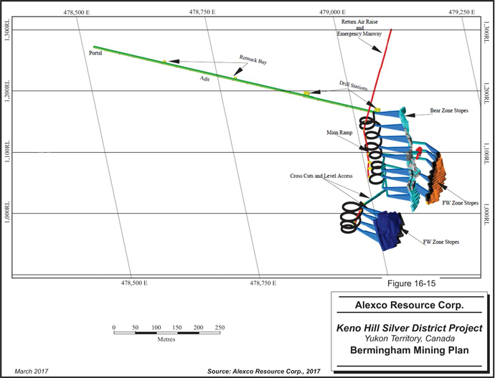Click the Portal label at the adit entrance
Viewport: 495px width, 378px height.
tap(95, 53)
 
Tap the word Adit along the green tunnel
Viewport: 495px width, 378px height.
tap(204, 79)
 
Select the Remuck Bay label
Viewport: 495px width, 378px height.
tap(253, 60)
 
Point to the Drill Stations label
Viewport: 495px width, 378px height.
tap(353, 85)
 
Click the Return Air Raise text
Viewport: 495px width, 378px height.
tap(359, 22)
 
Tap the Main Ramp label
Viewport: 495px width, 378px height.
tap(339, 133)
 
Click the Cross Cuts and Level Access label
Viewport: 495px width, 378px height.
tap(321, 176)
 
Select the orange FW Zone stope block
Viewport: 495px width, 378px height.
tap(437, 179)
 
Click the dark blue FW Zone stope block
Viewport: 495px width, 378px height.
tap(387, 231)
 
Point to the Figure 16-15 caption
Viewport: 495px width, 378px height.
tap(411, 283)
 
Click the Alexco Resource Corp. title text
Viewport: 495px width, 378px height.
tap(409, 305)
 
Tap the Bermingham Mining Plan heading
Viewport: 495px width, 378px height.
tap(409, 350)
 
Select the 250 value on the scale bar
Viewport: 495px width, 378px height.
tap(220, 328)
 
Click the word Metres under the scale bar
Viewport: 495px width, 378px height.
tap(166, 339)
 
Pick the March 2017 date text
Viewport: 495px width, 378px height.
tap(32, 371)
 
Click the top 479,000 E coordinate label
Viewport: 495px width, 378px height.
tap(332, 12)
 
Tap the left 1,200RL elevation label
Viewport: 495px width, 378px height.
tap(6, 90)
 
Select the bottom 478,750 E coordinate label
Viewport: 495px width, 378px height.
tap(263, 283)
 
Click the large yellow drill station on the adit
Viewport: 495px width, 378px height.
tap(306, 93)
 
